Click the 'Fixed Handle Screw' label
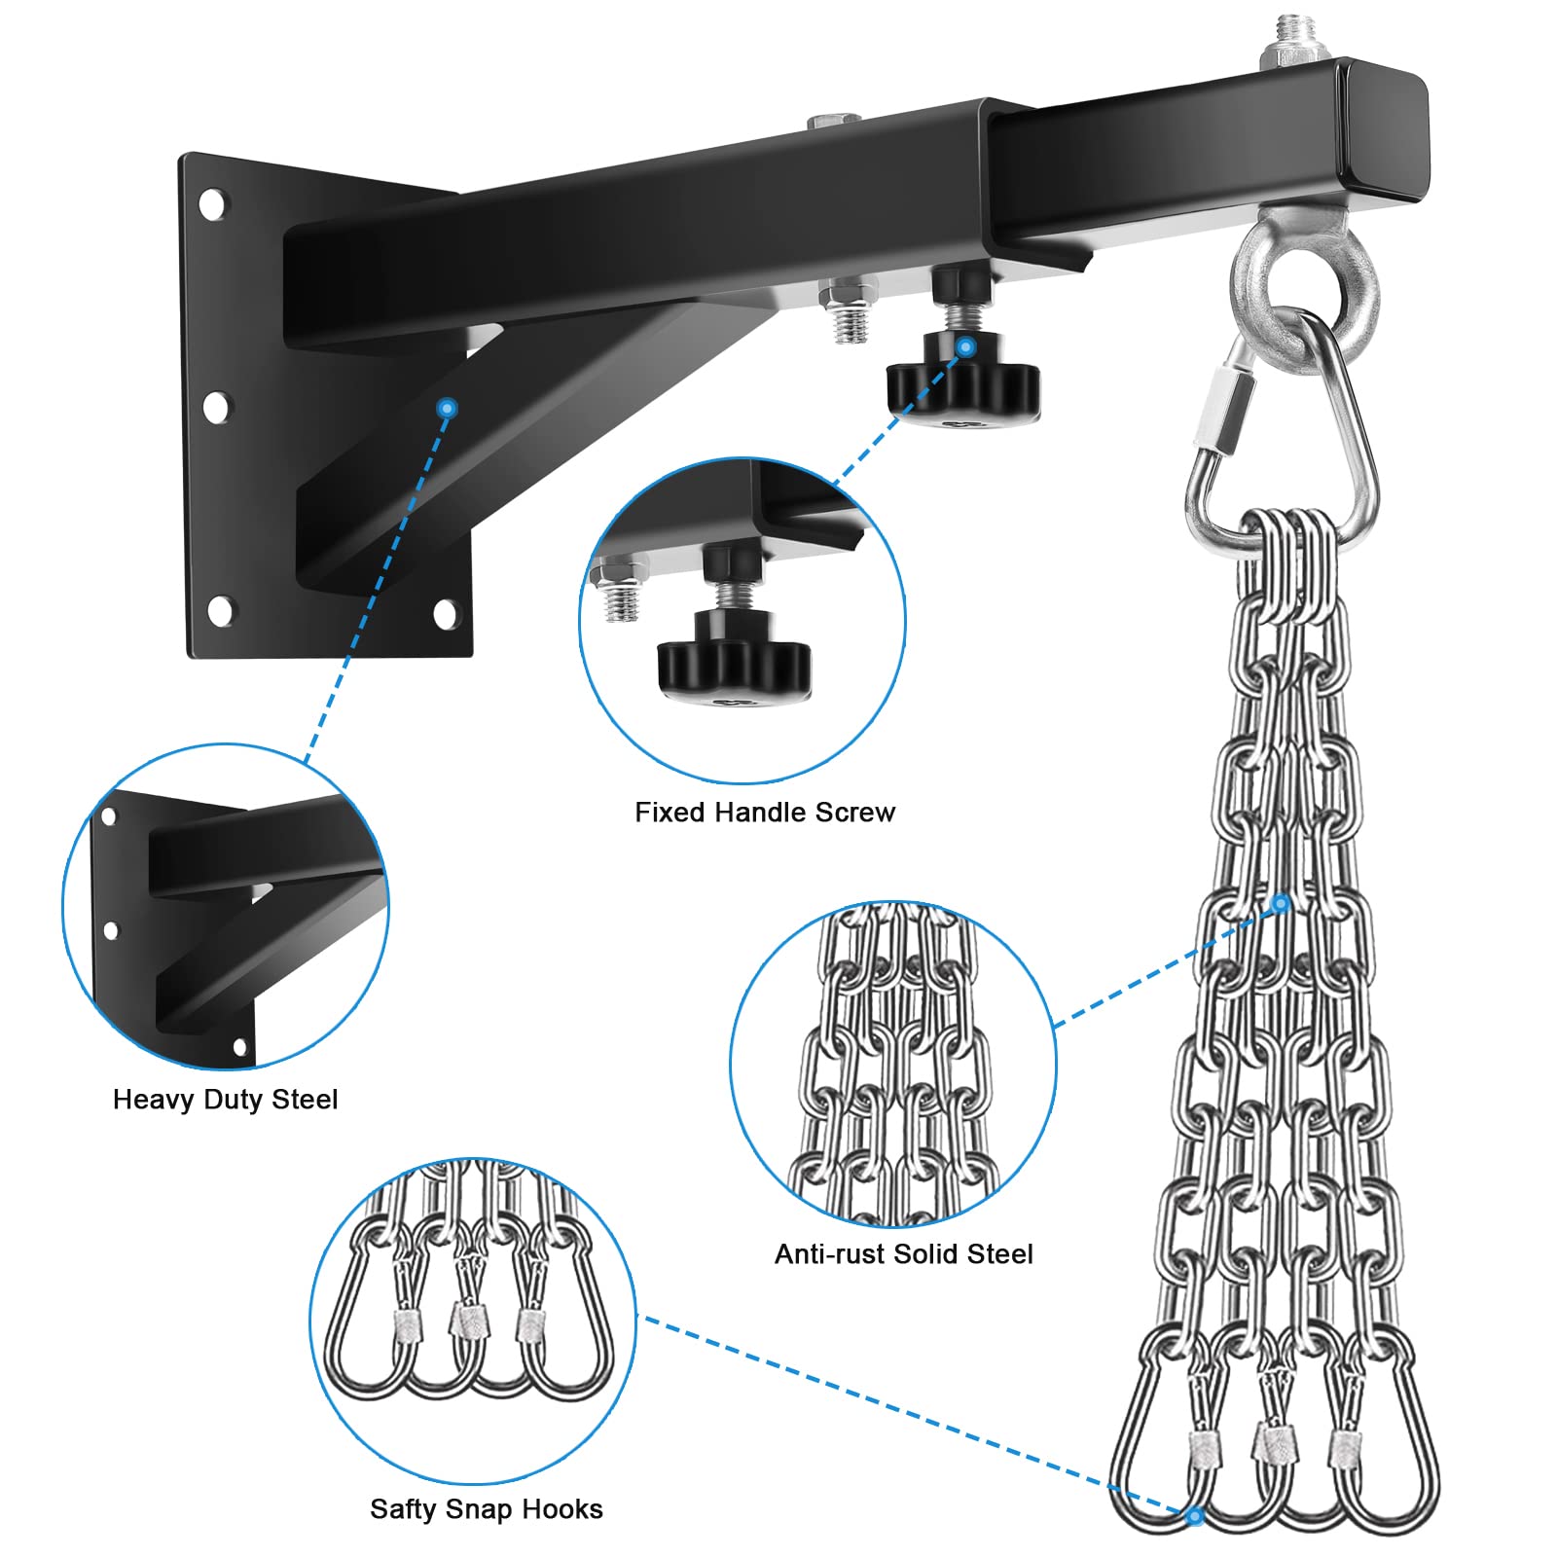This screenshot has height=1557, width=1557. click(765, 813)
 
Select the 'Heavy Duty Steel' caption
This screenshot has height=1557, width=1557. click(225, 1100)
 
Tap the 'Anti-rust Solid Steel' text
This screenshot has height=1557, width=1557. click(903, 1253)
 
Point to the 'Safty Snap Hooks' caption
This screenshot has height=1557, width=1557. click(486, 1508)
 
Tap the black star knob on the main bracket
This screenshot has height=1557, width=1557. click(962, 385)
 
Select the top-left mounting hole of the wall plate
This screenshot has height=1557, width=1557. click(211, 204)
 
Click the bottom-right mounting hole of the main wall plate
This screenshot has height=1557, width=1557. click(445, 613)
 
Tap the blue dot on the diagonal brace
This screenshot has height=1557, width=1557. click(447, 408)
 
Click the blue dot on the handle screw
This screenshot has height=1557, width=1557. click(965, 346)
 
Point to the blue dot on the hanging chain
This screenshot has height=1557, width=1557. click(1281, 904)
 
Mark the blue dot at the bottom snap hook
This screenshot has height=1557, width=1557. click(1195, 1515)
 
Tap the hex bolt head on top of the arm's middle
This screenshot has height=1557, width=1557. click(834, 122)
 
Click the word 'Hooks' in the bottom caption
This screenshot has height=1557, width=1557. click(562, 1508)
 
